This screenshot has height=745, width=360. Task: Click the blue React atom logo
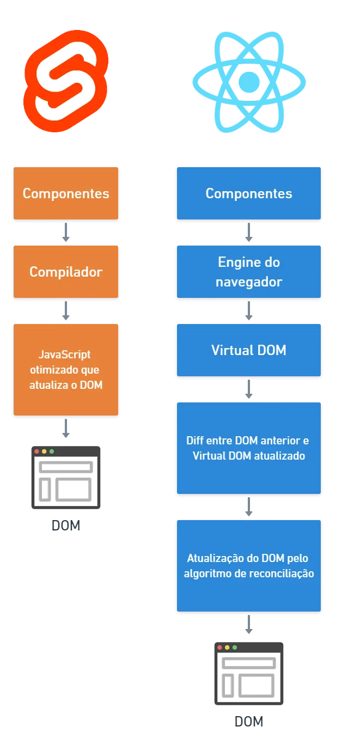(249, 82)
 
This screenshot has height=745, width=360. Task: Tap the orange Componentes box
(66, 193)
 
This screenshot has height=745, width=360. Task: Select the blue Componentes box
(249, 193)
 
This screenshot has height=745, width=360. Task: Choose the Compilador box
(66, 272)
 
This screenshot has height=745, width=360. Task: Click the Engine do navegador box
(249, 272)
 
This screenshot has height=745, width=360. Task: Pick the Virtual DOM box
(249, 350)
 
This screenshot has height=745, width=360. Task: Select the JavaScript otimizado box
(66, 370)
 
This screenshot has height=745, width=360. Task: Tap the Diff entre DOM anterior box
(249, 448)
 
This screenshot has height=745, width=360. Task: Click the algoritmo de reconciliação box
(249, 566)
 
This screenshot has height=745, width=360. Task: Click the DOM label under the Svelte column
(66, 526)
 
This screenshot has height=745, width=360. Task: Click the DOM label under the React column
(249, 722)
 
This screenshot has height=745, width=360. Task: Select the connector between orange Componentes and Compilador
(66, 233)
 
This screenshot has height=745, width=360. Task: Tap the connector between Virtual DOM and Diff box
(249, 389)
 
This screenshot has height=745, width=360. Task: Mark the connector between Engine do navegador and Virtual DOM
(249, 311)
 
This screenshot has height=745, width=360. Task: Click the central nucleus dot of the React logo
(249, 82)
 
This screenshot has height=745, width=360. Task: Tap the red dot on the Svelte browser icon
(37, 451)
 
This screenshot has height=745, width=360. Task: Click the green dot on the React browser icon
(235, 648)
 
